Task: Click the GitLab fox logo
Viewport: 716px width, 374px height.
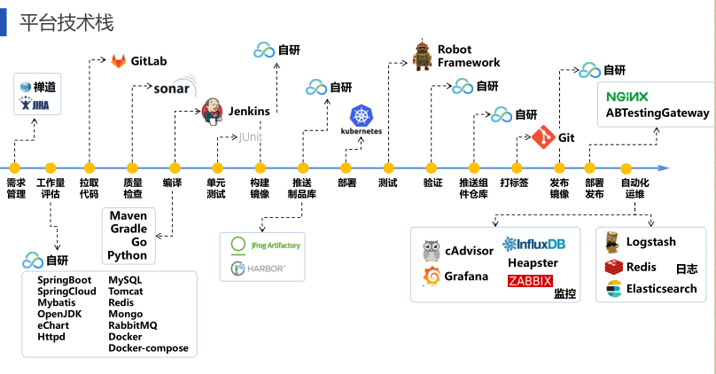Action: tap(119, 61)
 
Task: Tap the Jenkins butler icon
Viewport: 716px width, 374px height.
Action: tap(213, 112)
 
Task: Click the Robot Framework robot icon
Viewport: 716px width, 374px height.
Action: tap(423, 56)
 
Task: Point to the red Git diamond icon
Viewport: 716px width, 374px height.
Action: tap(543, 138)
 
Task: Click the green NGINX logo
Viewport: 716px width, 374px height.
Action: tap(627, 96)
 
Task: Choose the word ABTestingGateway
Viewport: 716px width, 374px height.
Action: tap(658, 113)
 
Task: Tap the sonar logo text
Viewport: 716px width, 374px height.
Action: tap(171, 89)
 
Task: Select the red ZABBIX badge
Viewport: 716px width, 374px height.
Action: tap(530, 282)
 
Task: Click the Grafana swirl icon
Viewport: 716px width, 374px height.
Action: tap(432, 277)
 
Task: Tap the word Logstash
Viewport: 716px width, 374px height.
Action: tap(650, 242)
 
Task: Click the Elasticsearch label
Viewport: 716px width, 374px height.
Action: tap(661, 289)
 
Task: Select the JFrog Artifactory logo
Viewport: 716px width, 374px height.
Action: tap(265, 245)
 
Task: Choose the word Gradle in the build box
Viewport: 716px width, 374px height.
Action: tap(128, 229)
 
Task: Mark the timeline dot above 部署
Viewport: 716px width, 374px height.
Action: tap(346, 167)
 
